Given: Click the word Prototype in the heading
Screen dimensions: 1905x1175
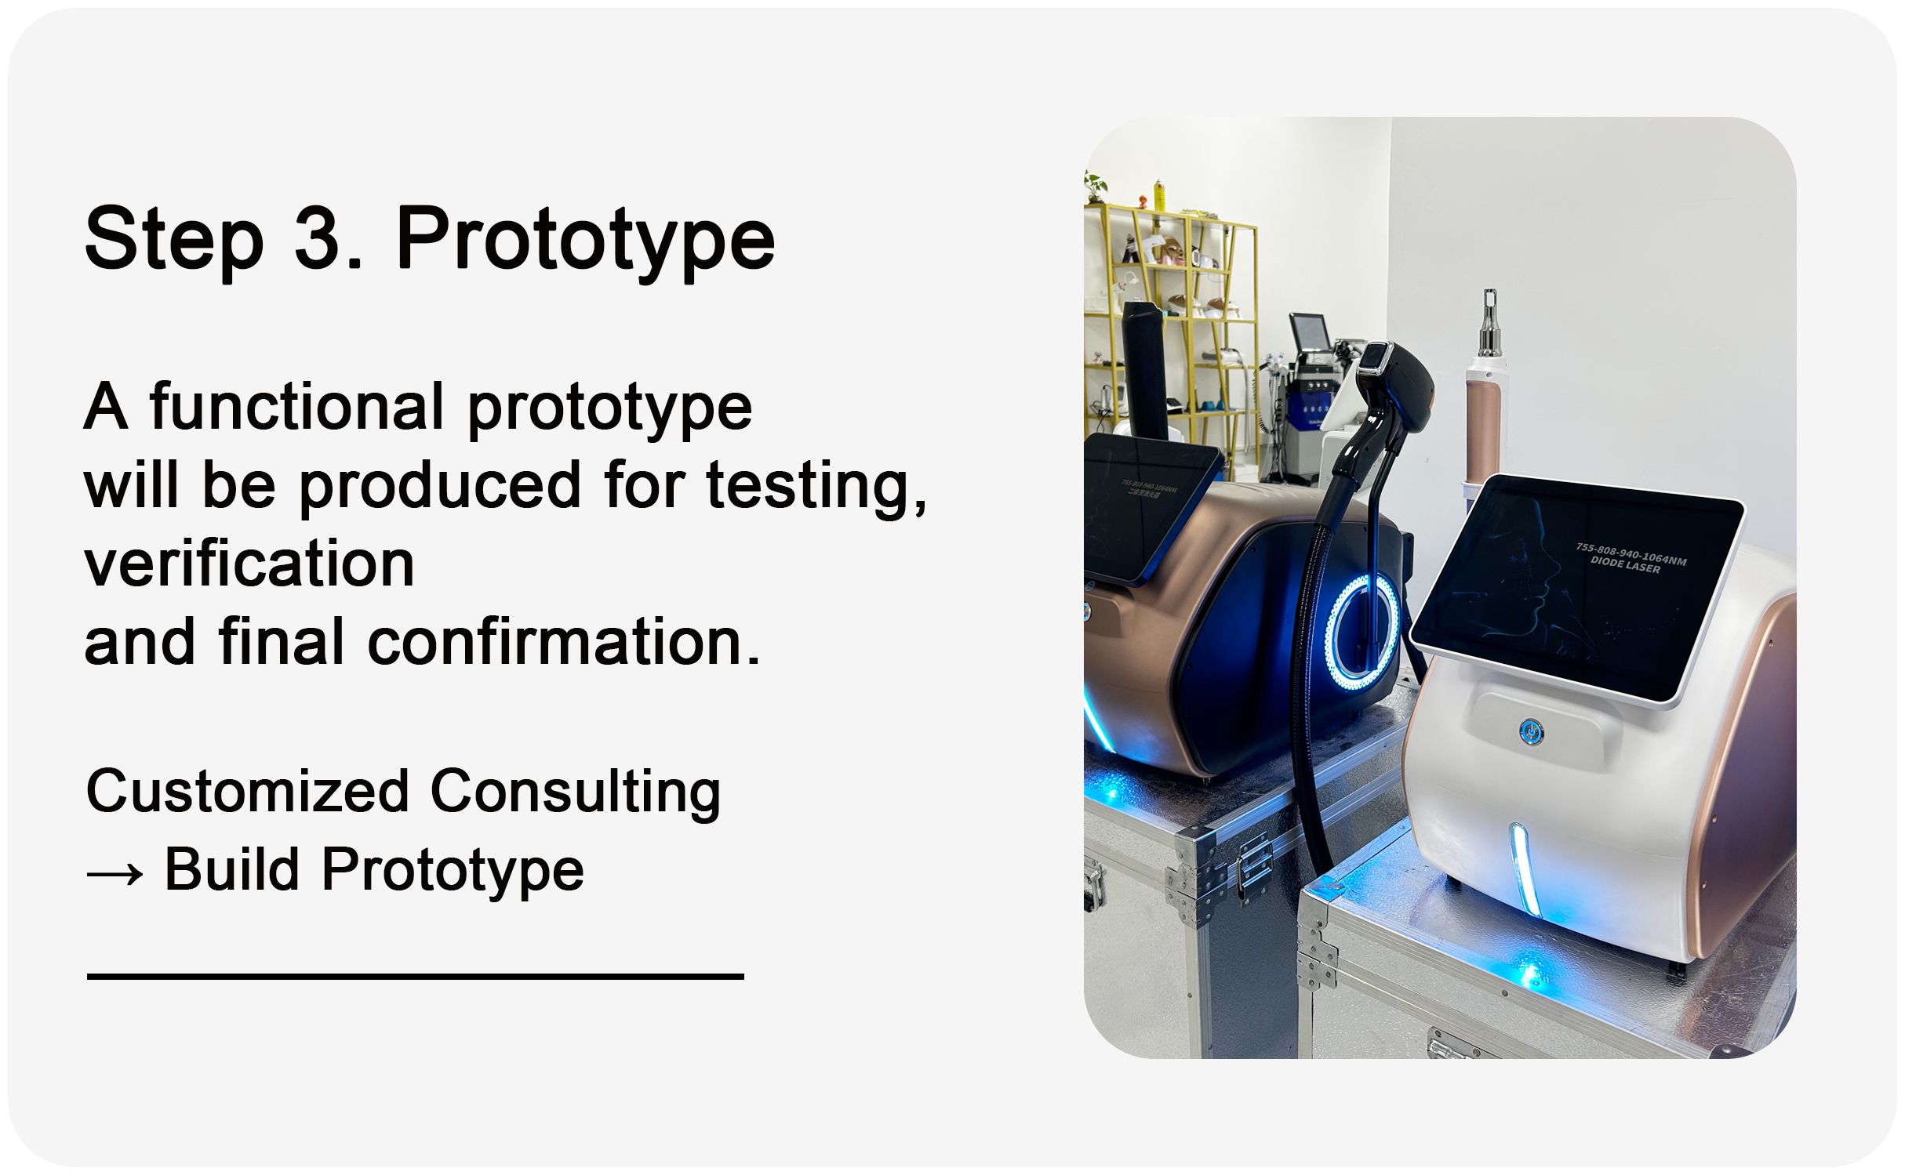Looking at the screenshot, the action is click(x=586, y=241).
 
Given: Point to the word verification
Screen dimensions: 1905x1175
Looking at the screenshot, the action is click(x=249, y=564).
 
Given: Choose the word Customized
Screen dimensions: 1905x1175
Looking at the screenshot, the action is click(x=248, y=791).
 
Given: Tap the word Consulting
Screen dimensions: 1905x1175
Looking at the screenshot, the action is click(x=576, y=792).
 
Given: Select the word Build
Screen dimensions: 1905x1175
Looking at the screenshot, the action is click(x=232, y=869).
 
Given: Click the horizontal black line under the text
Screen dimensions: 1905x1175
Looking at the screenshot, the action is click(x=416, y=977).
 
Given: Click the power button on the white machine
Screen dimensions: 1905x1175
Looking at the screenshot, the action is click(x=1531, y=733).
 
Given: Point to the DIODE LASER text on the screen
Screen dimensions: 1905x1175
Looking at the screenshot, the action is click(x=1625, y=565).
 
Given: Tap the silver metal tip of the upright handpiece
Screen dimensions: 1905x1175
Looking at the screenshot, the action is click(x=1489, y=324).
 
